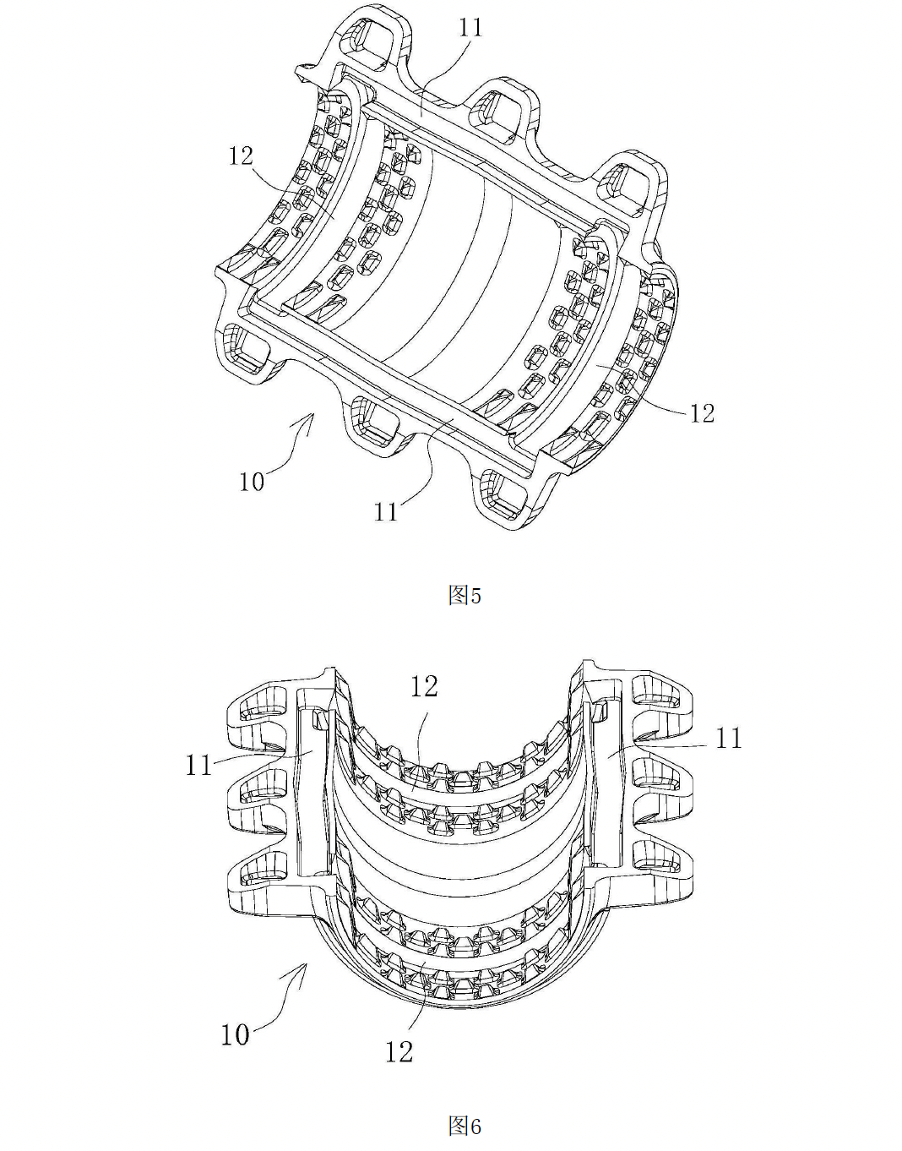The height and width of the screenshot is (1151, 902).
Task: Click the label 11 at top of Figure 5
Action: (470, 28)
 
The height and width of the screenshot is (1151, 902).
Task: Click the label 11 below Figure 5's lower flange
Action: (386, 511)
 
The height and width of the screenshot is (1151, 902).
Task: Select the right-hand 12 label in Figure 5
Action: (702, 413)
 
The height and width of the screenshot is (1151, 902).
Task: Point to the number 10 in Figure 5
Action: (252, 482)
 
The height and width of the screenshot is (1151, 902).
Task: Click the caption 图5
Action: (465, 596)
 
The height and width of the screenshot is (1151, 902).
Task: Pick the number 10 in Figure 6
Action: (235, 1034)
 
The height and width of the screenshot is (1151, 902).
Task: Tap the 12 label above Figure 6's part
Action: (424, 687)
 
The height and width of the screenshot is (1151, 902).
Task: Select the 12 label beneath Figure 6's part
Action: (399, 1051)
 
